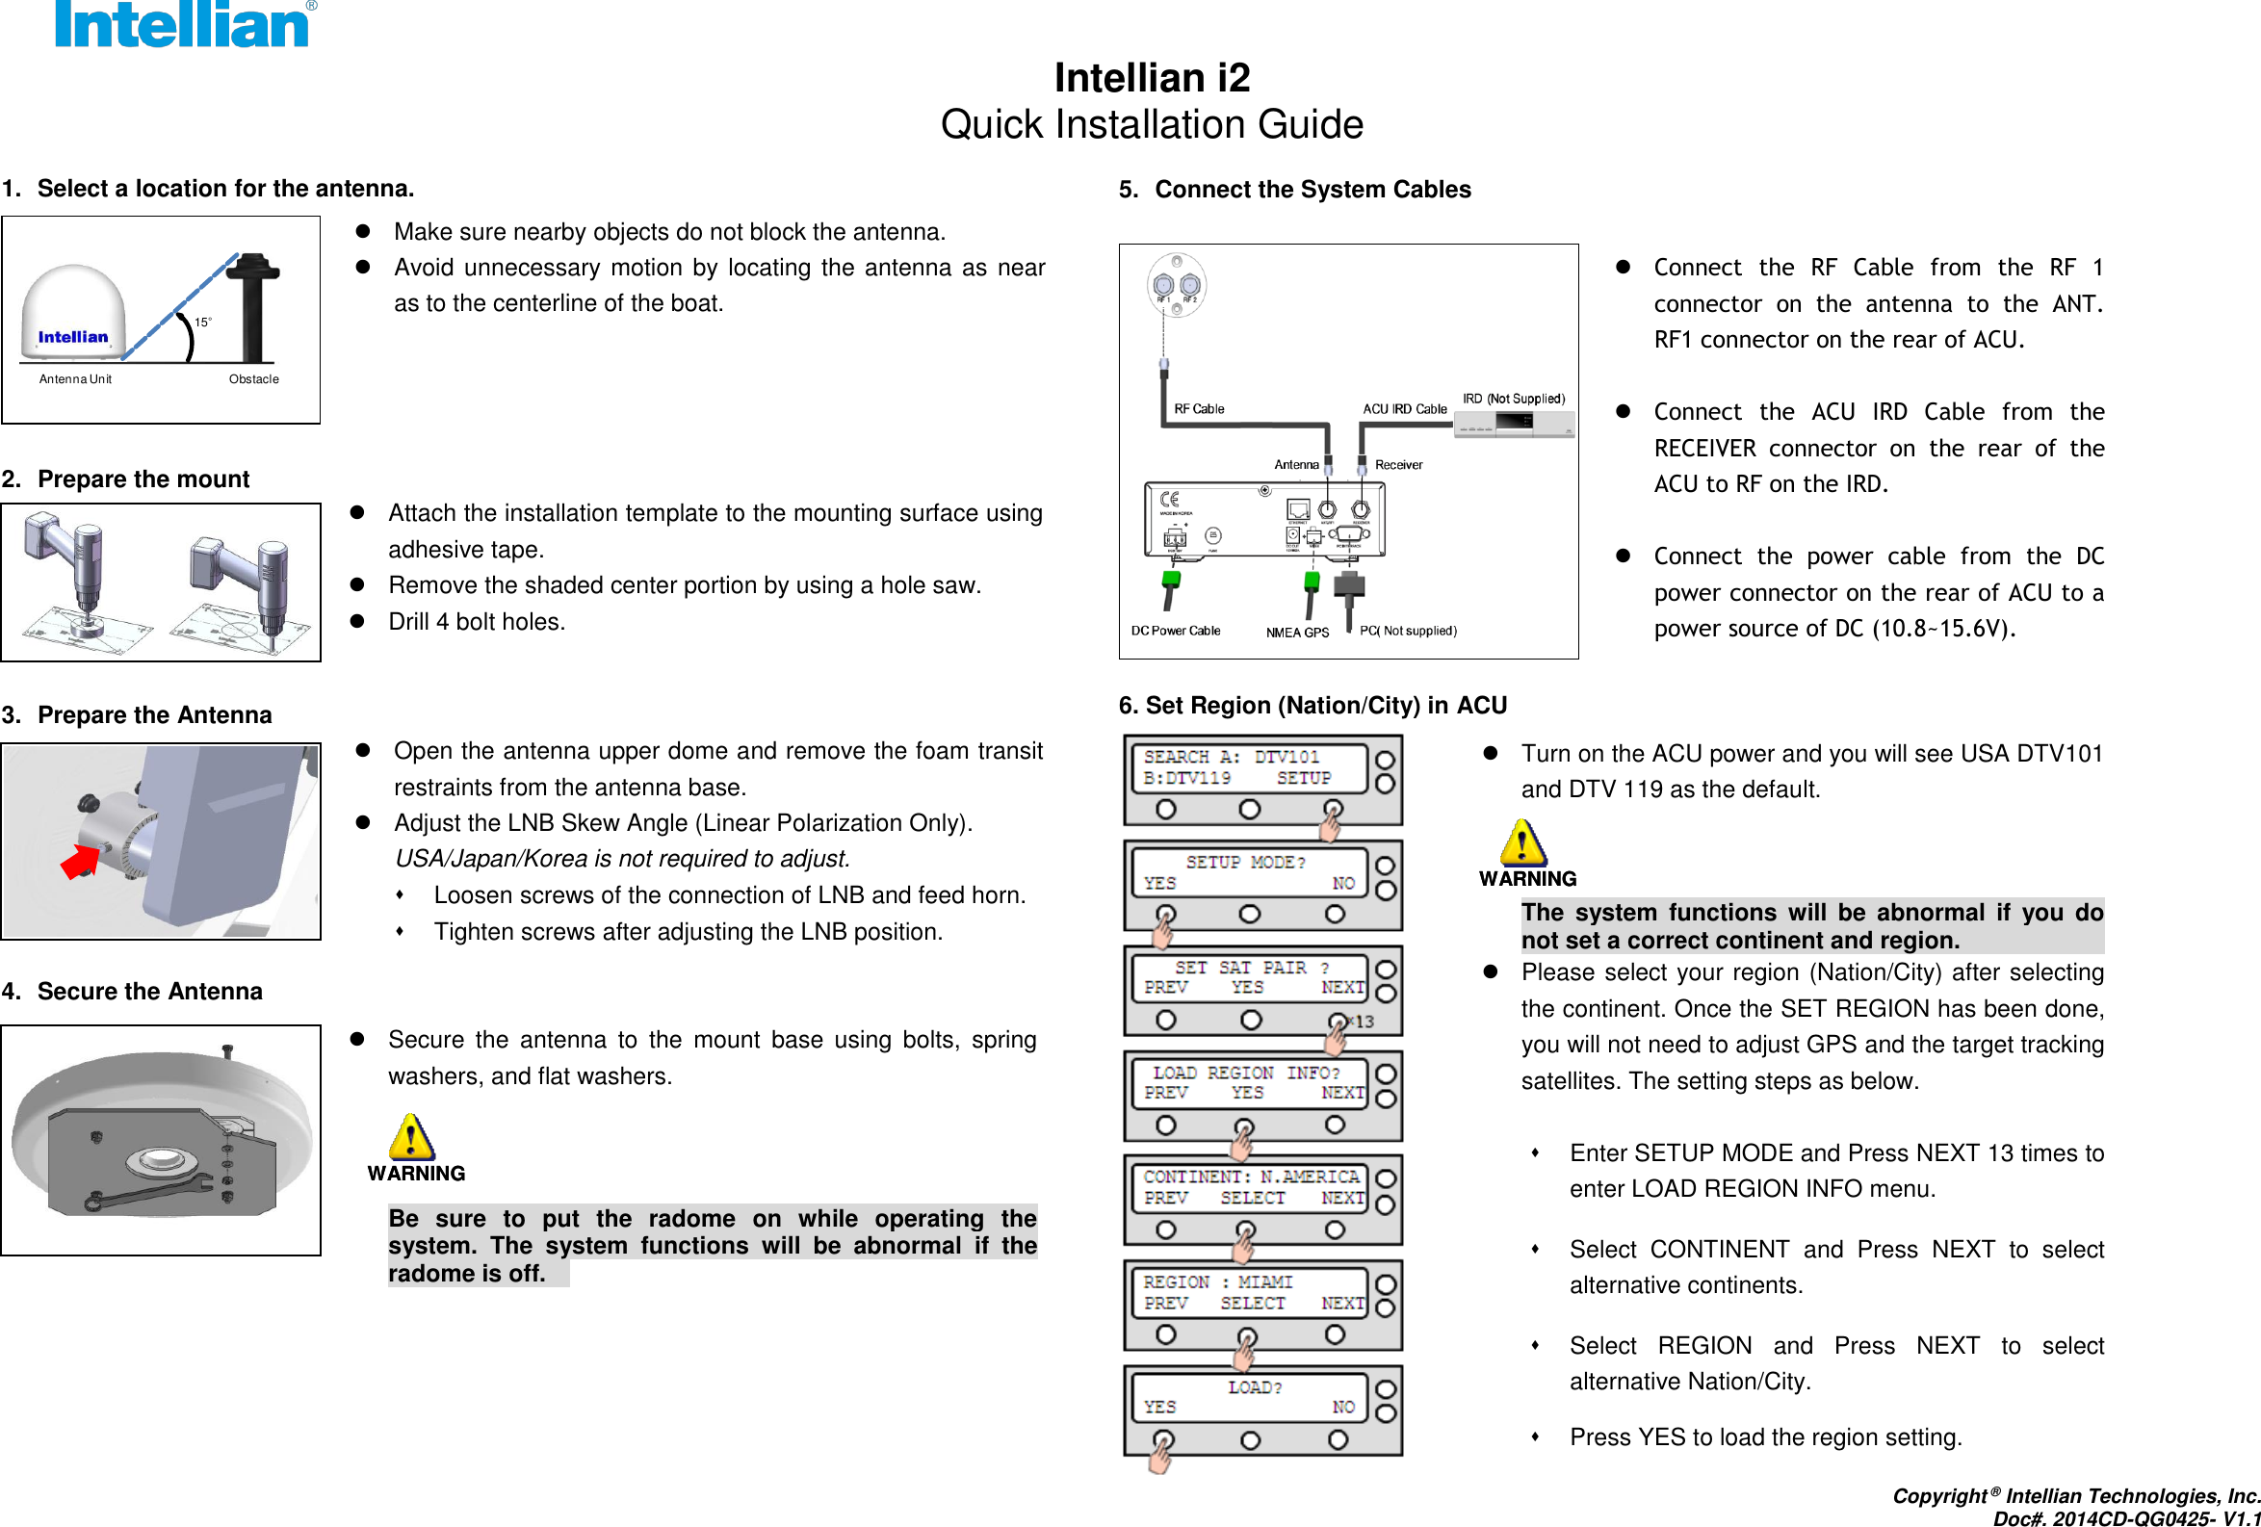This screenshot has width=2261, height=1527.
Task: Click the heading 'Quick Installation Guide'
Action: [1151, 124]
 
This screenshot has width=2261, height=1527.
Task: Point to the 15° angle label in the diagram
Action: [202, 322]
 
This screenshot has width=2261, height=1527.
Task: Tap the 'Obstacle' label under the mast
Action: [253, 379]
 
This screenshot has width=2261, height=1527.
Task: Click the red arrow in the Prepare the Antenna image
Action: [80, 861]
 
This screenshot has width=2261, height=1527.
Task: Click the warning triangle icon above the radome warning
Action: [411, 1136]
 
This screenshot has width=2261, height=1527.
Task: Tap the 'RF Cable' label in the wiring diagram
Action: [1199, 409]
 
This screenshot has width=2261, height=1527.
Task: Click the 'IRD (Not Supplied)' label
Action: [1513, 399]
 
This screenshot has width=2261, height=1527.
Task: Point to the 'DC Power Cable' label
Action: [1175, 632]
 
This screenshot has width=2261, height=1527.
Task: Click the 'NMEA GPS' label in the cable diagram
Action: [1297, 634]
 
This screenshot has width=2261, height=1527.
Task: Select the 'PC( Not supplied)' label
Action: [1408, 632]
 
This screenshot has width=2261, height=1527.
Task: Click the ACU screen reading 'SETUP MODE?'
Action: [1249, 872]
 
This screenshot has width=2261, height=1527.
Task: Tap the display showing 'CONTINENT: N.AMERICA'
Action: [1251, 1187]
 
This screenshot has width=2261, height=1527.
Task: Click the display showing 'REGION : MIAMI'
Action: [1251, 1293]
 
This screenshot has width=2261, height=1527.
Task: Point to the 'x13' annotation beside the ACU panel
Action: [1363, 1022]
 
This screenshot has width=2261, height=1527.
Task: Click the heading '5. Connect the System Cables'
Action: [1294, 190]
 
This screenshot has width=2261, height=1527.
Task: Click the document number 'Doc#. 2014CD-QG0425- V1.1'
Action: [2125, 1518]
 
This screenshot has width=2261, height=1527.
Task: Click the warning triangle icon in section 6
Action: [1522, 842]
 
